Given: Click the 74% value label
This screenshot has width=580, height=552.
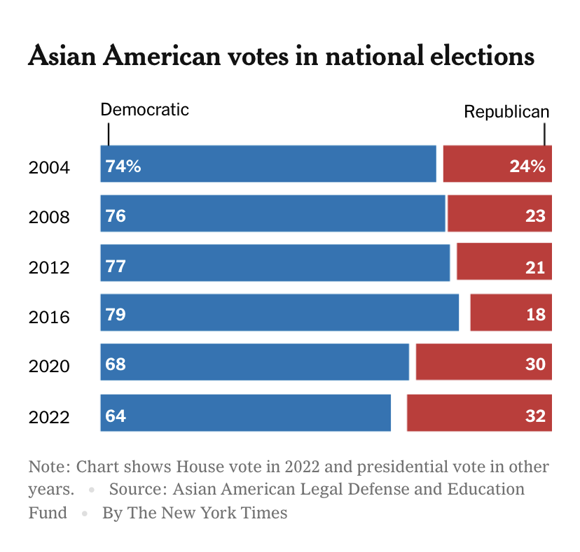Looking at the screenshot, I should click(x=123, y=167).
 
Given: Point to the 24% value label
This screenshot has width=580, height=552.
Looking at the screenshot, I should click(x=527, y=167).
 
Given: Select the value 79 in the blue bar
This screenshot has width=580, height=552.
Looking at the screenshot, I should click(x=116, y=315).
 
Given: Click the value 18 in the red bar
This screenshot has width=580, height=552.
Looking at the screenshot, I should click(x=535, y=315).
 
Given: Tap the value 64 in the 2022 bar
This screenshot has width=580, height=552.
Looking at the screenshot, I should click(x=116, y=416).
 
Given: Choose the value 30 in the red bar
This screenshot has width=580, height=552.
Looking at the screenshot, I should click(x=535, y=365).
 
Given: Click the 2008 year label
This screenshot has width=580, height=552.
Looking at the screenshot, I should click(x=49, y=217).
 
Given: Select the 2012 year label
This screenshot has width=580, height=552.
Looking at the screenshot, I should click(x=49, y=267).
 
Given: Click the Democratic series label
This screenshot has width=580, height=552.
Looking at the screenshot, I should click(x=145, y=110).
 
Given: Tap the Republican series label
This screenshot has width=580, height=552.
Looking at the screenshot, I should click(x=506, y=112).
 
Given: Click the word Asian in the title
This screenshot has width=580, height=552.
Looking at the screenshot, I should click(x=62, y=57).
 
